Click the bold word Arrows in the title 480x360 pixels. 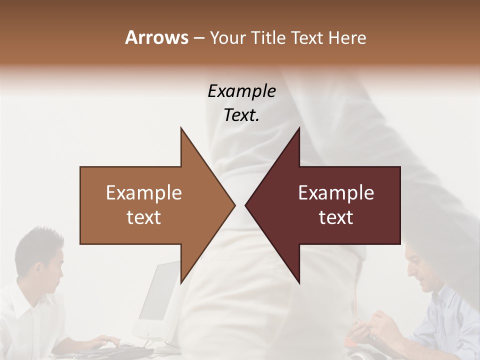pos(156,37)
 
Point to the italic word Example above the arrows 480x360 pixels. pos(241,91)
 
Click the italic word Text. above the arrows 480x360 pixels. pos(241,115)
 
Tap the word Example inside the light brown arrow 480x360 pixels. pos(144,193)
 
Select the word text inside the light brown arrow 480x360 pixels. pos(144,217)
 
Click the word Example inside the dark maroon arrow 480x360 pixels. pos(336,193)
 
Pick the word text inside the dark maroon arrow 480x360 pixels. pos(336,217)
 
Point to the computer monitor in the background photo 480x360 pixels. pos(157,295)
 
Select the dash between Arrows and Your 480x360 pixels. pos(198,38)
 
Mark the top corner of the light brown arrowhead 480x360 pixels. pos(181,128)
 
